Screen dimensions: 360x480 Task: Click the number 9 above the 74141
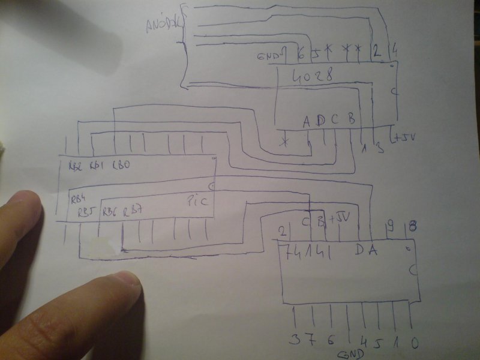tap(391, 226)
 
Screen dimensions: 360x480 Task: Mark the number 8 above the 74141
tap(413, 226)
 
